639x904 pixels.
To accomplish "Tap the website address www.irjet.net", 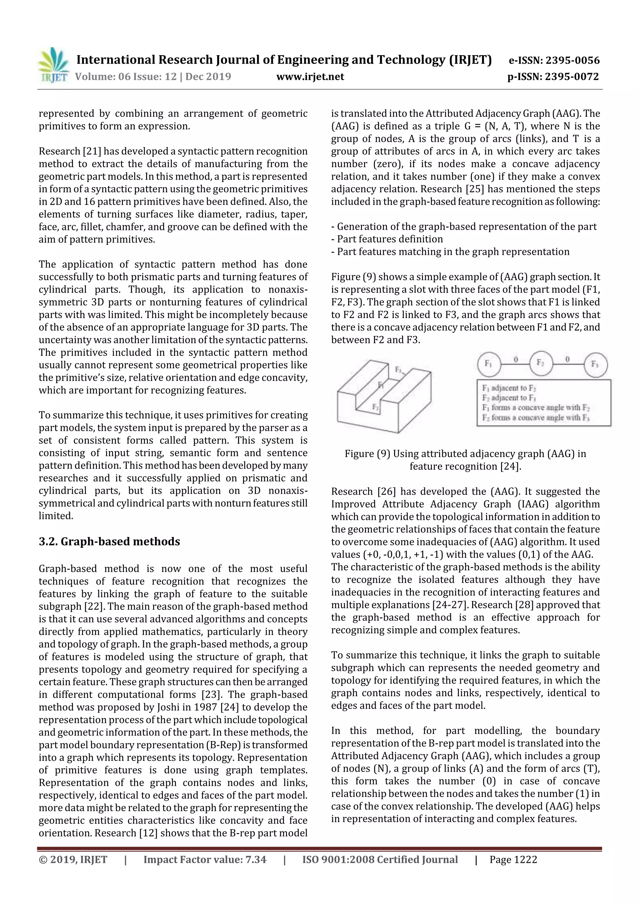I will (310, 76).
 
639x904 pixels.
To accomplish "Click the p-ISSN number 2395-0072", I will (572, 76).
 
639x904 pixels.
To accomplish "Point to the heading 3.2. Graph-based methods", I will (109, 542).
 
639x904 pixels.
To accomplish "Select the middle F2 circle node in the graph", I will (541, 363).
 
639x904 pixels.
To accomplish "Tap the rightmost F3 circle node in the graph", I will (595, 364).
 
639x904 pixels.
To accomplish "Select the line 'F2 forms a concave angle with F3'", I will (535, 418).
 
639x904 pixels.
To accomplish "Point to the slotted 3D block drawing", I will (383, 395).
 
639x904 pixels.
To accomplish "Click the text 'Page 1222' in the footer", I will (513, 859).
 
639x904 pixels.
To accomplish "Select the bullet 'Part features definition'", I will (390, 239).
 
